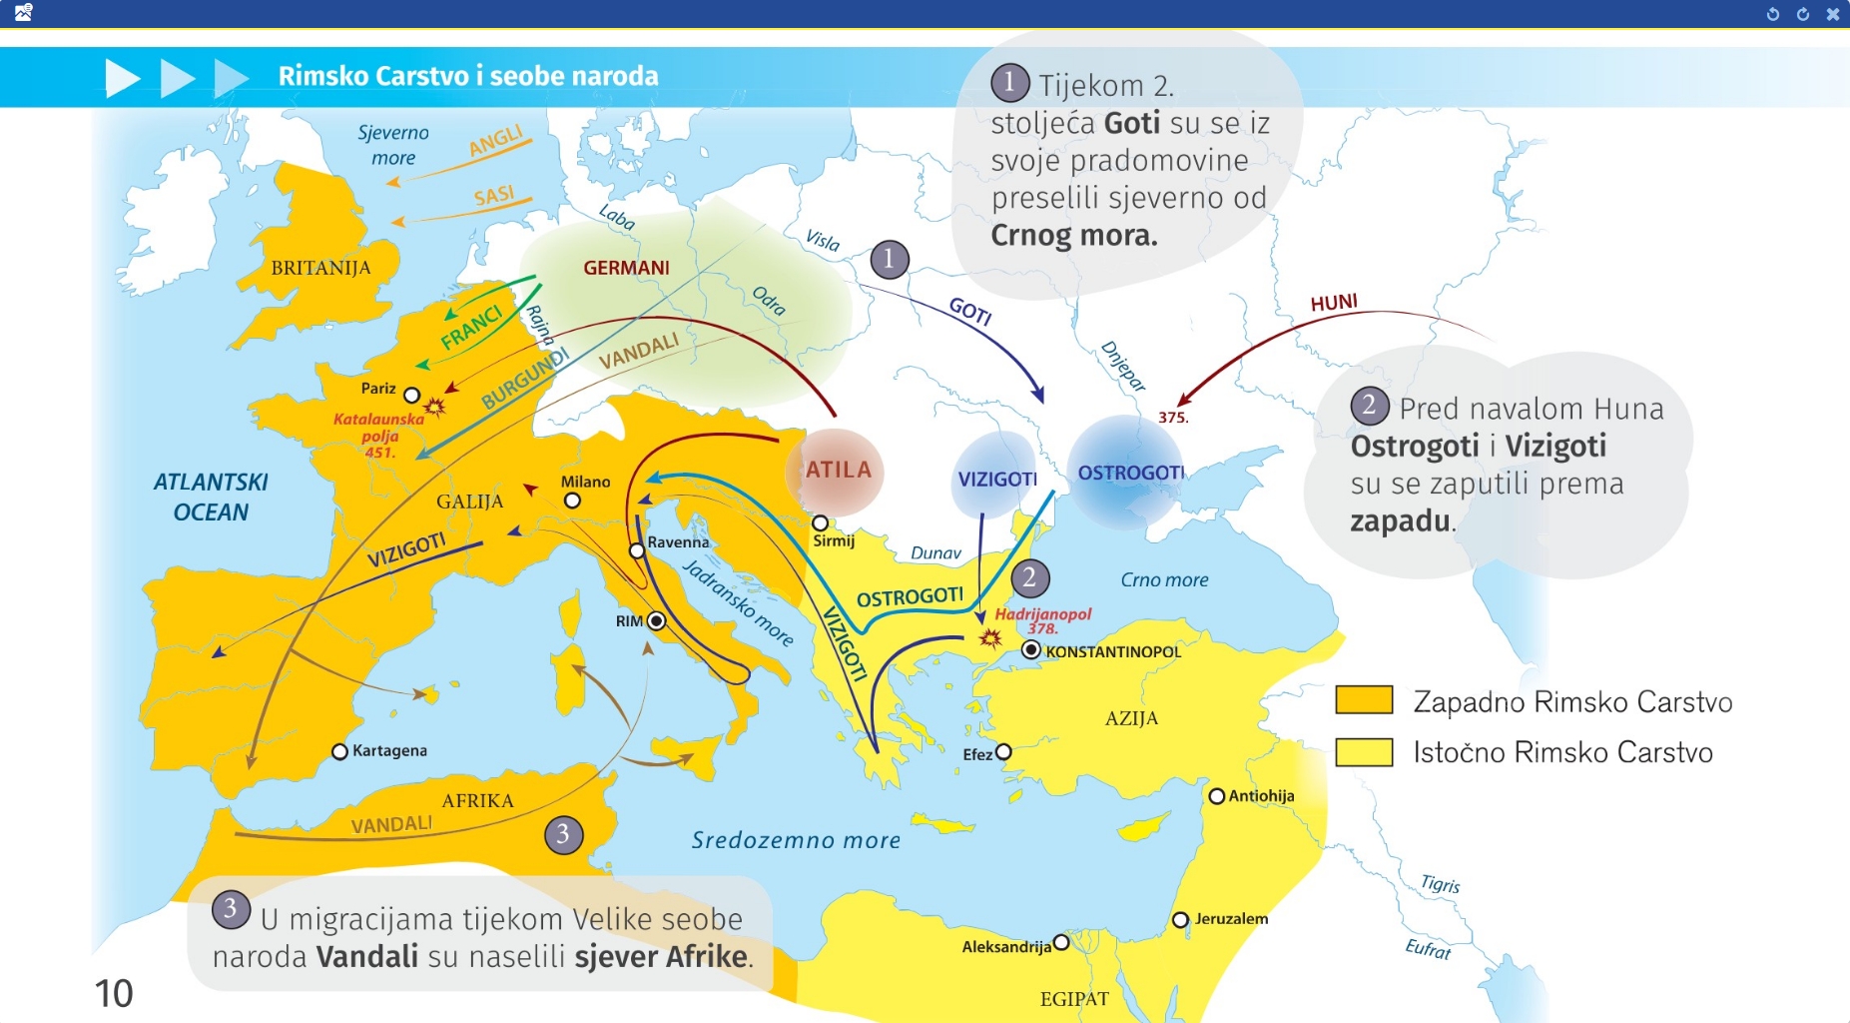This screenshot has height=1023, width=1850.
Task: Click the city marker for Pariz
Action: (411, 396)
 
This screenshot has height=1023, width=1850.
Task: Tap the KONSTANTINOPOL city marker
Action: (1031, 650)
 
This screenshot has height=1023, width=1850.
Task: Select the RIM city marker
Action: (656, 620)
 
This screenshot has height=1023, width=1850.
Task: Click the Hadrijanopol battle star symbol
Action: (989, 637)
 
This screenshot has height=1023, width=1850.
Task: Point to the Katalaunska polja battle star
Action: (434, 407)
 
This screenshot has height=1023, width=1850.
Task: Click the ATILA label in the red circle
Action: (838, 470)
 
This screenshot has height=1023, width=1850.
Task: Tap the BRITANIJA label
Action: (320, 268)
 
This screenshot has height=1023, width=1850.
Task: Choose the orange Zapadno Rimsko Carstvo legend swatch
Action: (1364, 700)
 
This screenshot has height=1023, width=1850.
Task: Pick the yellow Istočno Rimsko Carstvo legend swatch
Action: (1364, 751)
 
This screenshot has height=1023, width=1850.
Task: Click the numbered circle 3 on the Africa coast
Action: (563, 834)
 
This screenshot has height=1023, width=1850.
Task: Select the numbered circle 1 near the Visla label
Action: (889, 260)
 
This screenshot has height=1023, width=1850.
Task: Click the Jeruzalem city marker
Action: (1180, 919)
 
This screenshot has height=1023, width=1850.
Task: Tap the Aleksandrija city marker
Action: (1060, 942)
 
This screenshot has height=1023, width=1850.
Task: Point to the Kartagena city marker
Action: (339, 751)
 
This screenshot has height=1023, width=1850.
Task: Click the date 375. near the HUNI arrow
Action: (1173, 418)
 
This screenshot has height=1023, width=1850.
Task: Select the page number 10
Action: (114, 993)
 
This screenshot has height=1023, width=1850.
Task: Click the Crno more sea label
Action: (1164, 579)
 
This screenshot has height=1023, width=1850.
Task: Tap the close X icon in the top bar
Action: (1832, 14)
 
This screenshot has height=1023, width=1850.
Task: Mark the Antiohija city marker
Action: (1216, 796)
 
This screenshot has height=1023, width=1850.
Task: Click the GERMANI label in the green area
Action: (626, 268)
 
